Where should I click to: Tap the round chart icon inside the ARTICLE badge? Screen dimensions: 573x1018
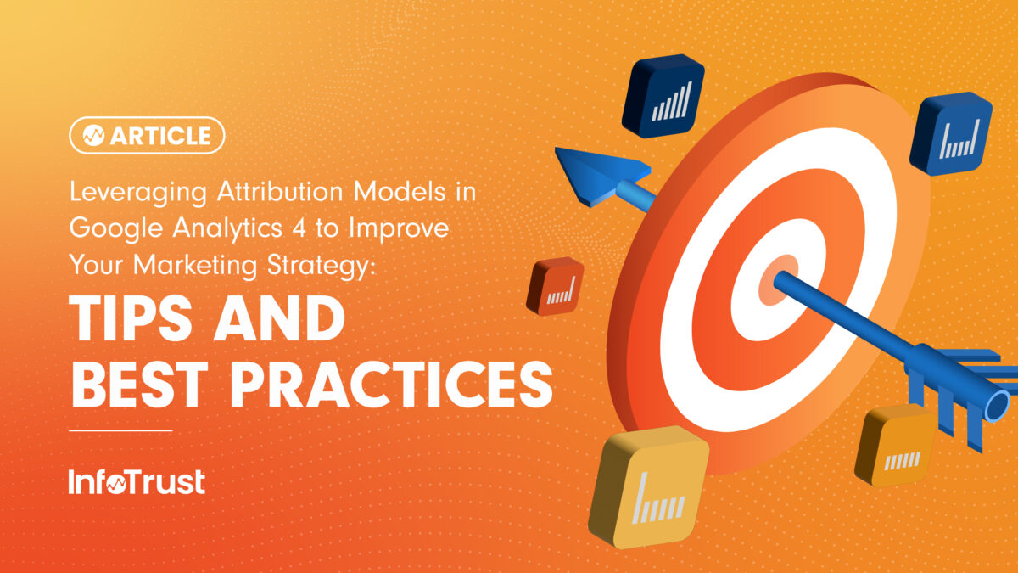click(93, 136)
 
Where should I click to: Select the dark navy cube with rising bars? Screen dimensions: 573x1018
click(663, 96)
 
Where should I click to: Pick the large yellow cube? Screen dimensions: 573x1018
click(648, 492)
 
